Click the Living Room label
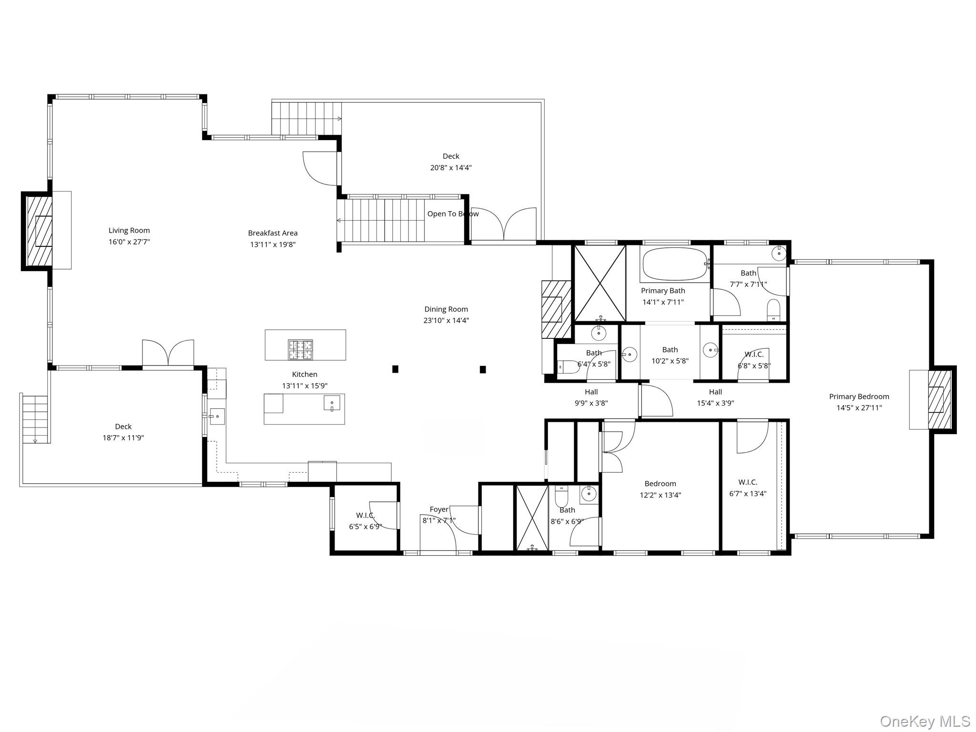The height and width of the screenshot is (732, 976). pyautogui.click(x=129, y=231)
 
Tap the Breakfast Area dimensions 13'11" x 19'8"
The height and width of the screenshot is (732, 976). pyautogui.click(x=273, y=244)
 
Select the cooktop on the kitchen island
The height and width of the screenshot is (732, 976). pyautogui.click(x=300, y=349)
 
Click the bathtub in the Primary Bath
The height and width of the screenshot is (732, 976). pyautogui.click(x=674, y=264)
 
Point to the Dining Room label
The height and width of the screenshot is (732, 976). pyautogui.click(x=446, y=309)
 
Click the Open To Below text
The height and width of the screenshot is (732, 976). pyautogui.click(x=452, y=214)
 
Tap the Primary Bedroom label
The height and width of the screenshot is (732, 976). pyautogui.click(x=859, y=396)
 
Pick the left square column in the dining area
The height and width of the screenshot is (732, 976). pyautogui.click(x=395, y=369)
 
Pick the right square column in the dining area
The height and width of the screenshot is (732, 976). pyautogui.click(x=483, y=369)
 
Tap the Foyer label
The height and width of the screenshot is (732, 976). pyautogui.click(x=439, y=509)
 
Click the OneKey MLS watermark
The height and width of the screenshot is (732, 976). pyautogui.click(x=925, y=721)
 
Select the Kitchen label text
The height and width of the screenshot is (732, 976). pyautogui.click(x=305, y=375)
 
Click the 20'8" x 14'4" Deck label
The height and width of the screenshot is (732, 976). pyautogui.click(x=451, y=156)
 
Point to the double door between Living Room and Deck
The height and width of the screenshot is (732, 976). pyautogui.click(x=168, y=353)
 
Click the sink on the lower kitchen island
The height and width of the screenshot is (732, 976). pyautogui.click(x=332, y=403)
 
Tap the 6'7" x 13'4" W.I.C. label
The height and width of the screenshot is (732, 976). pyautogui.click(x=747, y=482)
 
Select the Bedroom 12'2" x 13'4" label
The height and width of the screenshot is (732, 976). pyautogui.click(x=660, y=484)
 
